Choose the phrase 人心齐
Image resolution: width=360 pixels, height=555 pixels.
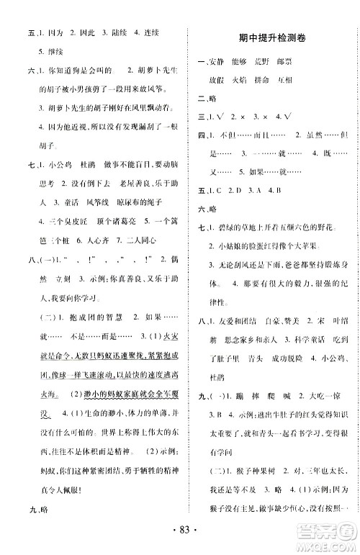click(84, 258)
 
